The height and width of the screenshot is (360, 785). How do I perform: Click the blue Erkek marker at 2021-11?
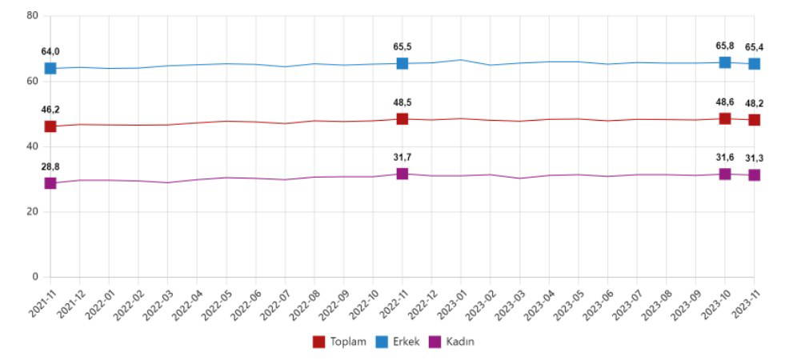(x=50, y=68)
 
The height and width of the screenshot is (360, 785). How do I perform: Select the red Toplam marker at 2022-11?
(x=403, y=118)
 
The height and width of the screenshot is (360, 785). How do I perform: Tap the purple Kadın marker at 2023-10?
(x=725, y=174)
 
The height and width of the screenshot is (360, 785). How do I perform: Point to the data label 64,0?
(x=50, y=52)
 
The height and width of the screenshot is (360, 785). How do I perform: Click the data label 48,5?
(x=403, y=102)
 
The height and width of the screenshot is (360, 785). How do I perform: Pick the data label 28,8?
(x=50, y=166)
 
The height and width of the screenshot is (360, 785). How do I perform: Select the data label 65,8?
(x=725, y=46)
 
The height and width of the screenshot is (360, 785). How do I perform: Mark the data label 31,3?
(x=755, y=158)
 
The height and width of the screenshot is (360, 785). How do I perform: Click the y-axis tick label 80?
(x=33, y=15)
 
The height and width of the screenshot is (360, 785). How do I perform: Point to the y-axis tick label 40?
(x=33, y=146)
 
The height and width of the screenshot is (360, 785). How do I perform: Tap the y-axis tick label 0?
(x=35, y=277)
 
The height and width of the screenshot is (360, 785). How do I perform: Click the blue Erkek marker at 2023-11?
(x=755, y=63)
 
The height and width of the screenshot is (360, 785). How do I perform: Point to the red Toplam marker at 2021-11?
(x=50, y=126)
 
